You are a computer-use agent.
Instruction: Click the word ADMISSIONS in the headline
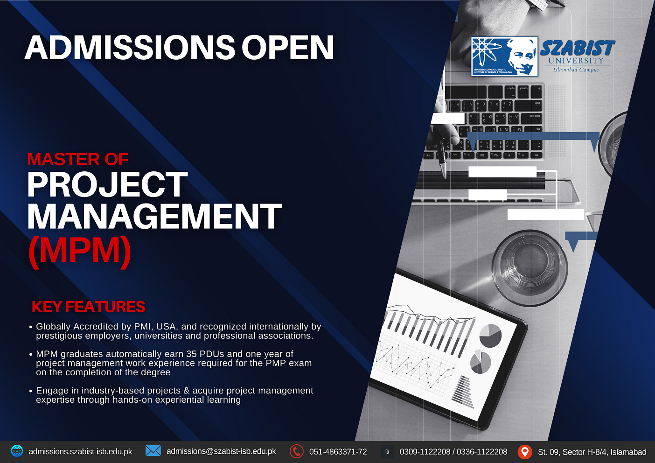(x=130, y=48)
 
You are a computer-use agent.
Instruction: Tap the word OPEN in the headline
(x=287, y=48)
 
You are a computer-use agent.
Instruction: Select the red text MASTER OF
(x=78, y=160)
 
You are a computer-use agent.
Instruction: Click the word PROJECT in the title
(x=107, y=185)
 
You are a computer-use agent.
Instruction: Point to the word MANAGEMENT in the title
(x=154, y=217)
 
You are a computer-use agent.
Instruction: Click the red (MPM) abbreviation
(x=80, y=251)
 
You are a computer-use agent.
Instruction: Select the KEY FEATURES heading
(x=88, y=307)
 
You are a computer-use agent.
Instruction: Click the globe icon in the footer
(x=17, y=451)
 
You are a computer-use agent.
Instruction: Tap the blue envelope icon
(x=153, y=451)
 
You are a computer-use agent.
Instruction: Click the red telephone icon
(x=296, y=451)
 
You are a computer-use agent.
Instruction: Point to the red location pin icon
(x=525, y=451)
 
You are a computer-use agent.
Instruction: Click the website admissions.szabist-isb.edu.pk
(x=80, y=452)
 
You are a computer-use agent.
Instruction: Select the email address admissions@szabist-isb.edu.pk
(x=221, y=451)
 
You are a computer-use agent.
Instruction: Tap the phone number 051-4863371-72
(x=338, y=452)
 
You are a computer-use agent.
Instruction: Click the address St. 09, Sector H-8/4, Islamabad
(x=592, y=452)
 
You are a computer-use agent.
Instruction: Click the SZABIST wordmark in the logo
(x=577, y=48)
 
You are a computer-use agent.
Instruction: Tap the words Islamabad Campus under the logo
(x=576, y=70)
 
